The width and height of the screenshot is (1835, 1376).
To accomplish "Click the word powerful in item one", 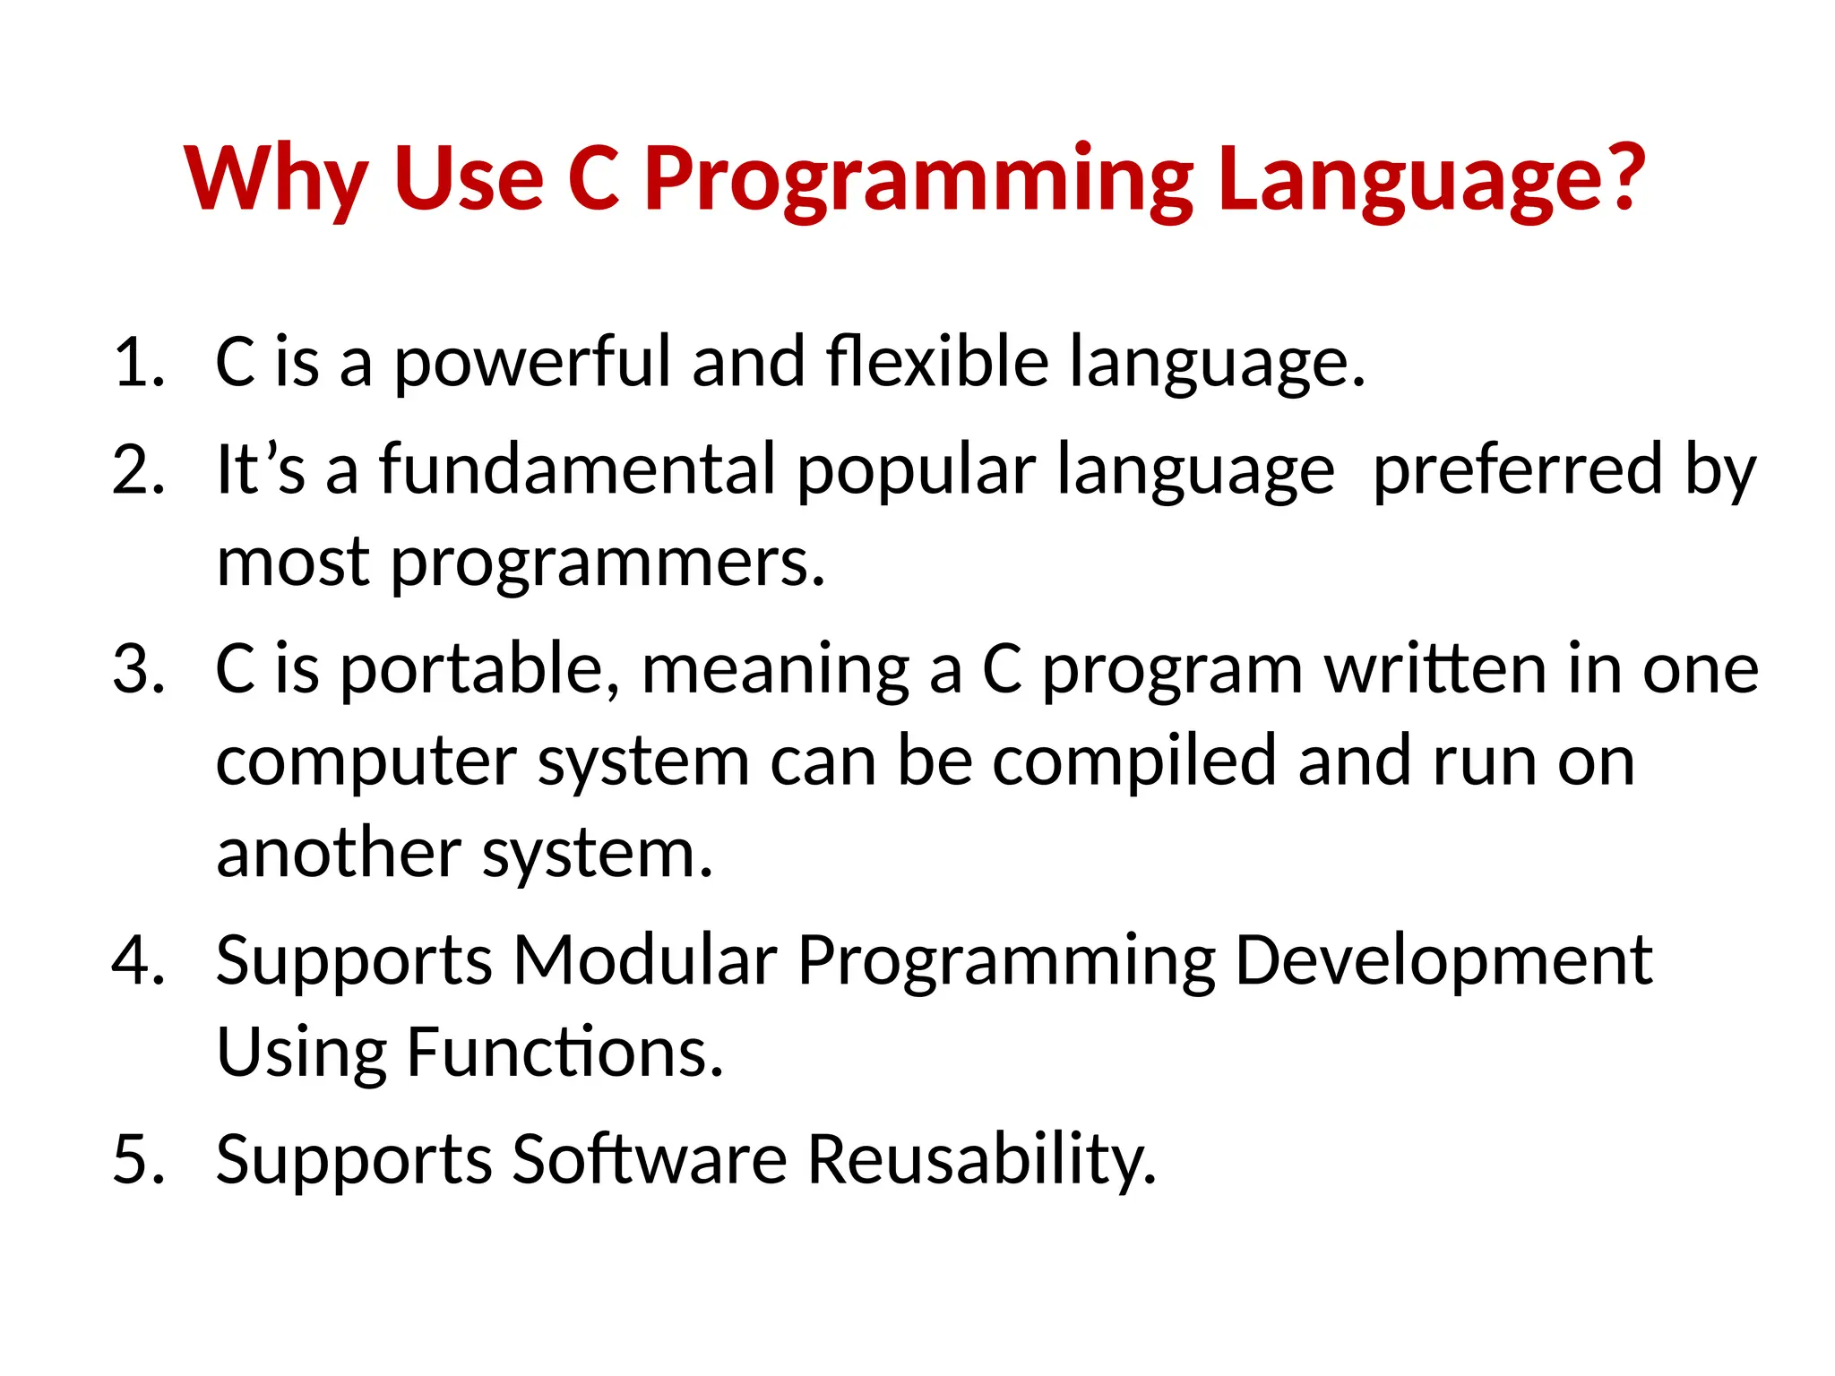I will click(x=532, y=363).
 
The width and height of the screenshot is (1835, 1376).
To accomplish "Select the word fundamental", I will click(x=577, y=469).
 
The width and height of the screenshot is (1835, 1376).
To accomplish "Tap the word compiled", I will click(x=1133, y=762).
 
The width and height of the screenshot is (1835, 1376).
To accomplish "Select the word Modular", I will click(x=644, y=960).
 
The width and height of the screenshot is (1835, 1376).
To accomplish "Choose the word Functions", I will click(x=564, y=1052).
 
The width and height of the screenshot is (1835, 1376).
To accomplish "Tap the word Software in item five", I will click(x=650, y=1159).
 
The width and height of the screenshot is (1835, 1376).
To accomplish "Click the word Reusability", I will click(x=982, y=1159).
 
